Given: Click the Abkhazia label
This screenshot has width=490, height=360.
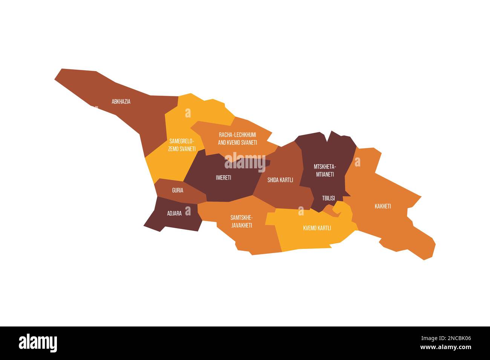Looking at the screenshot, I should pyautogui.click(x=121, y=102).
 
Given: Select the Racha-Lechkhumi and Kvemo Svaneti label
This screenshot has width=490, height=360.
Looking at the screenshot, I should pyautogui.click(x=237, y=139).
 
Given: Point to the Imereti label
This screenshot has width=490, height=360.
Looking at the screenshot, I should pyautogui.click(x=224, y=178).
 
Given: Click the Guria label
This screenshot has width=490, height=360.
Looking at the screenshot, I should pyautogui.click(x=178, y=191).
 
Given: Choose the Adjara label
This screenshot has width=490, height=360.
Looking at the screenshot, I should pyautogui.click(x=175, y=214).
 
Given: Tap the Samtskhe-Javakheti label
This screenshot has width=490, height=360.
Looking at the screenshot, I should pyautogui.click(x=241, y=221).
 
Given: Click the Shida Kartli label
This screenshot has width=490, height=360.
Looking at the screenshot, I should pyautogui.click(x=280, y=180).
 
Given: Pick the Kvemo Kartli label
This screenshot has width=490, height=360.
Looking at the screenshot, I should pyautogui.click(x=317, y=228).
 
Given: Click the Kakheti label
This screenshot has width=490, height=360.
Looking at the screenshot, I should pyautogui.click(x=383, y=206).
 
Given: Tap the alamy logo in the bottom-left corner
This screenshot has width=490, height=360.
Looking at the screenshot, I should pyautogui.click(x=38, y=343).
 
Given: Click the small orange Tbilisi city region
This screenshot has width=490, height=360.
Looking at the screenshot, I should pyautogui.click(x=330, y=210).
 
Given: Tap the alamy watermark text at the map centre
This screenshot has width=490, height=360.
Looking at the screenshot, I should pyautogui.click(x=245, y=162).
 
